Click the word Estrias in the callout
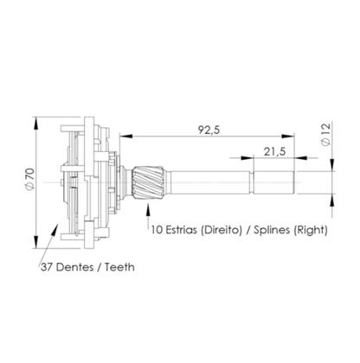[x=186, y=231]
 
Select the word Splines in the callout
[x=276, y=231]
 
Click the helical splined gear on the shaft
[x=145, y=182]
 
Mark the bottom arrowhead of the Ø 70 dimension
[x=36, y=243]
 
